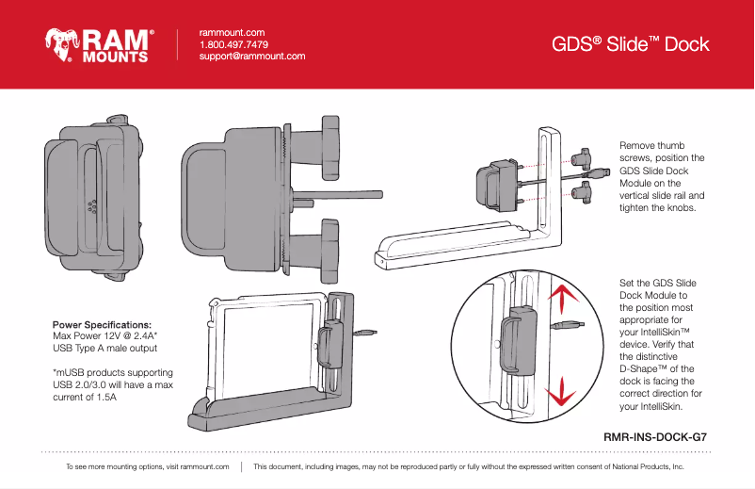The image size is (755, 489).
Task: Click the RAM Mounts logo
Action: pos(97,44)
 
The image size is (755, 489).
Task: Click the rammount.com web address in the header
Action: pos(231,33)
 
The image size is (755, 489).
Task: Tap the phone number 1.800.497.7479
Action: pos(233,44)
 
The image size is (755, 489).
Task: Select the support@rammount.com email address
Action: pos(251,57)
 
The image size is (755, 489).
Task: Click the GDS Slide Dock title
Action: pos(630,45)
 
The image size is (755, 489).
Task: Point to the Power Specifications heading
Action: pos(102,324)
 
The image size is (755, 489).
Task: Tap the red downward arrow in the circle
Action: pos(562,391)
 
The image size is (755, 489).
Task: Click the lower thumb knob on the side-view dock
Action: pos(329,247)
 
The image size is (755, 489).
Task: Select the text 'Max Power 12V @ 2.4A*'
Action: pos(104,335)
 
